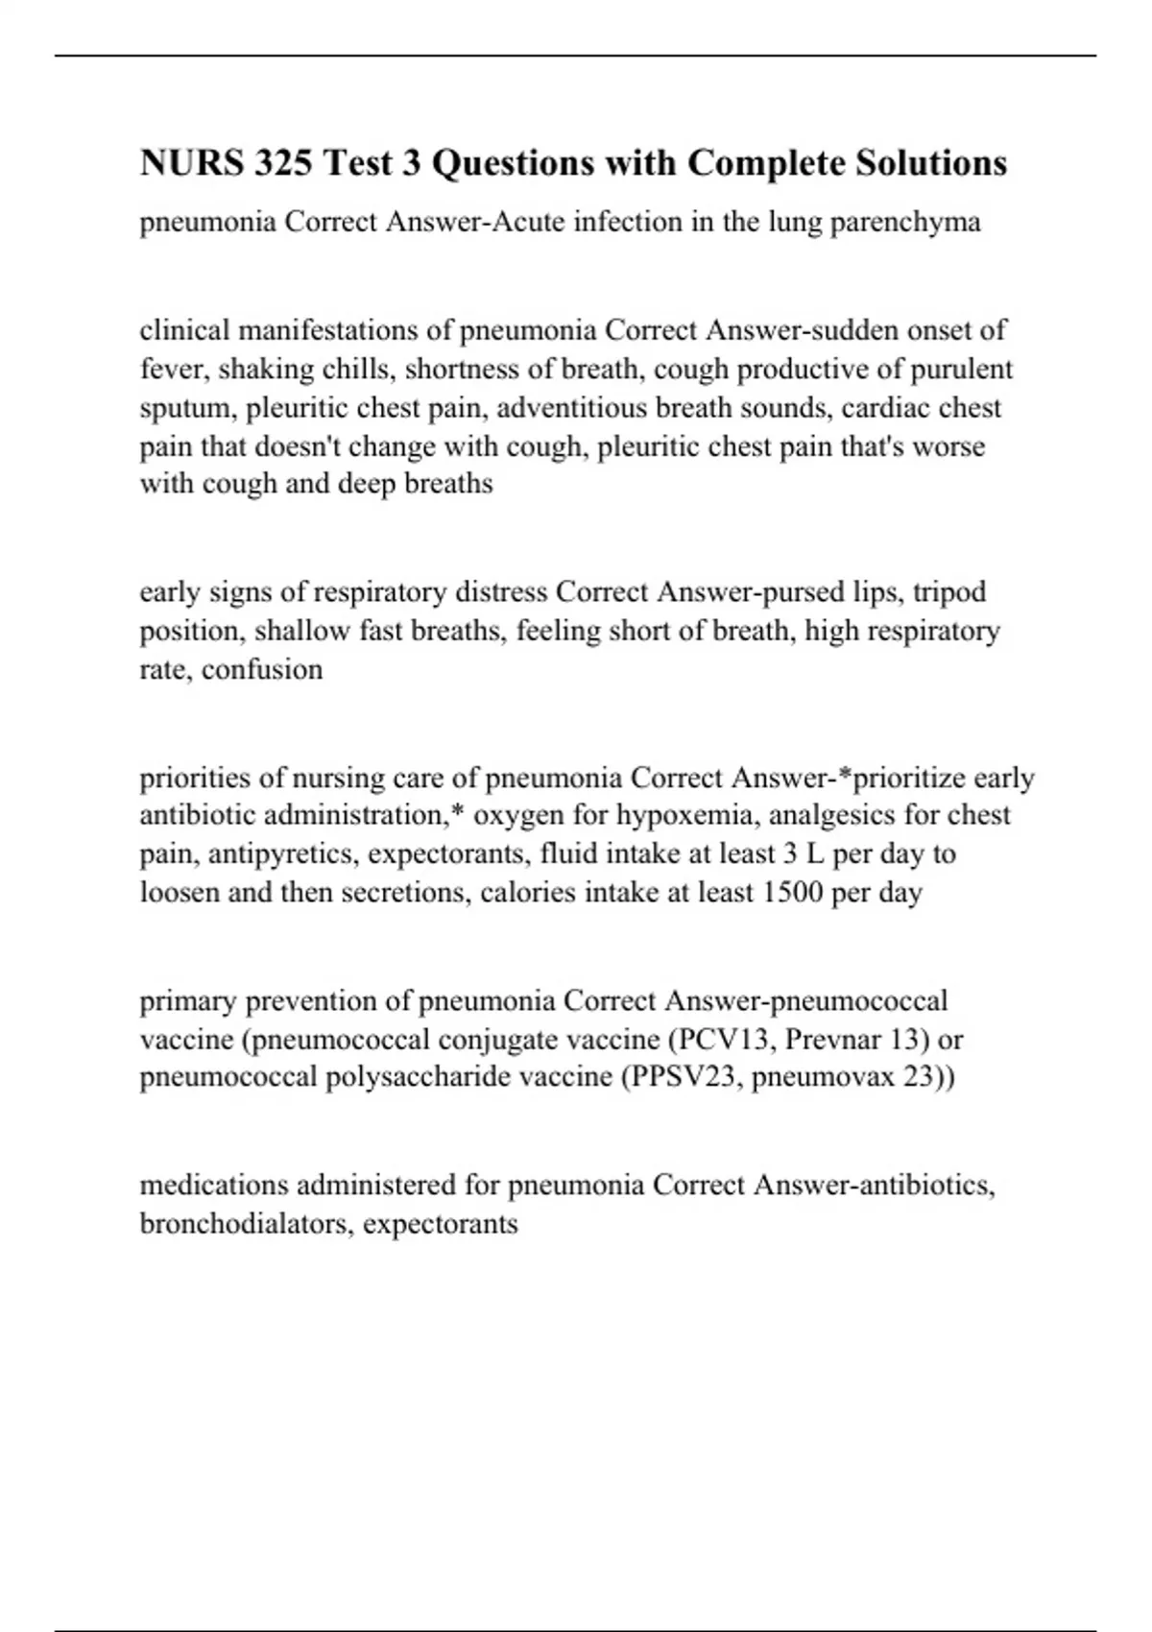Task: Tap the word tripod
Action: coord(948,592)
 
